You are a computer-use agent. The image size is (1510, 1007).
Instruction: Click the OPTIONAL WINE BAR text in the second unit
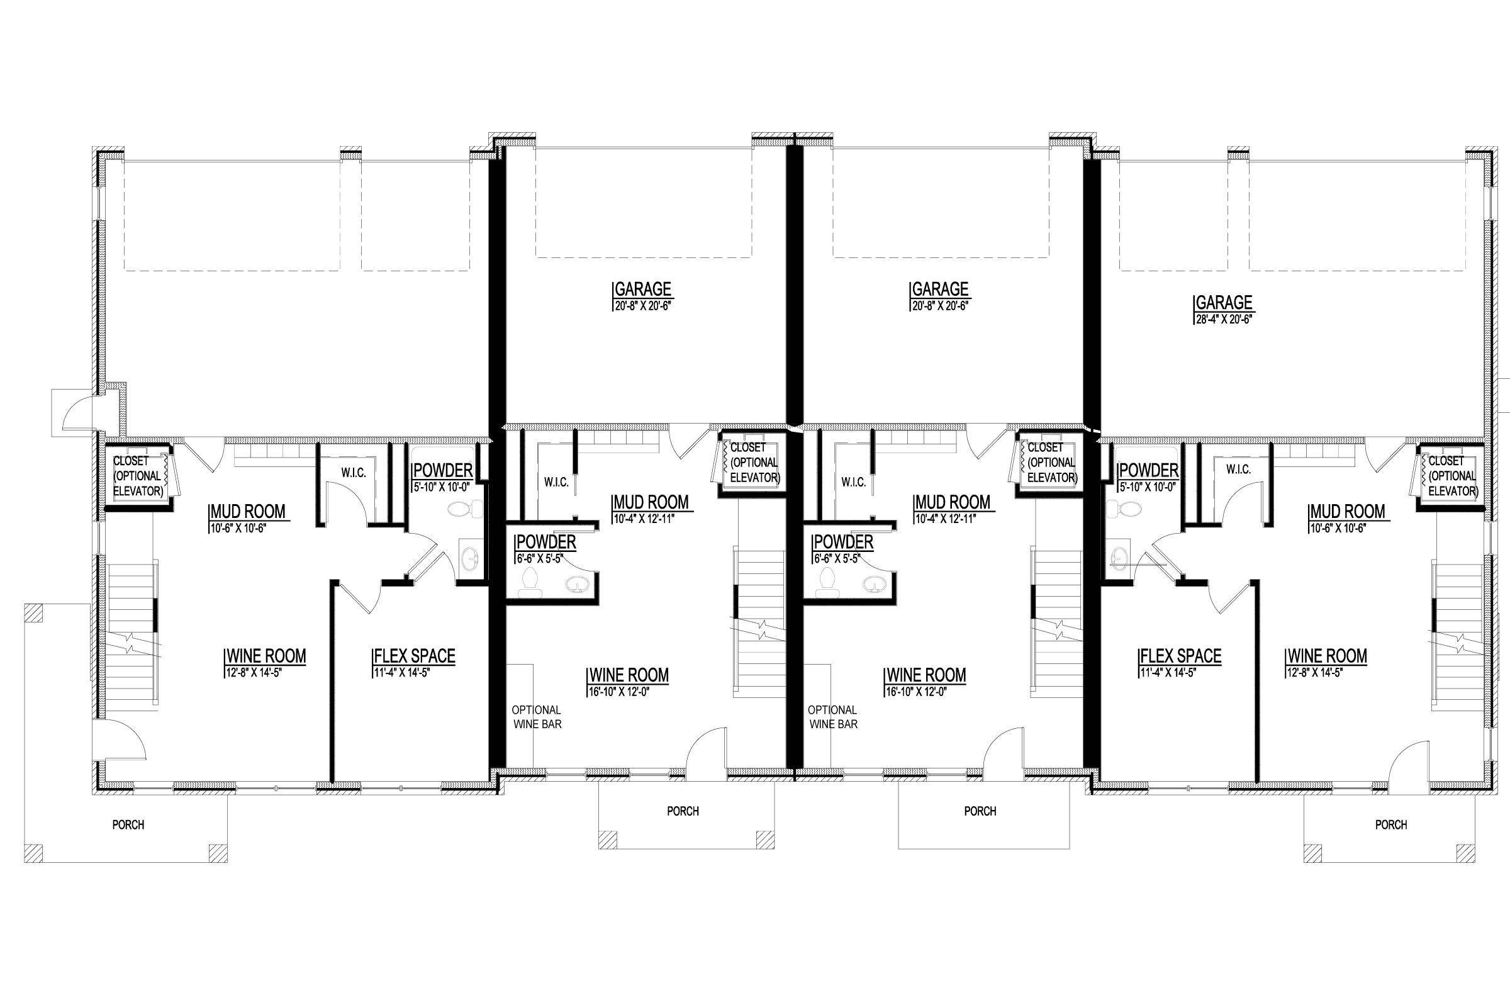click(537, 717)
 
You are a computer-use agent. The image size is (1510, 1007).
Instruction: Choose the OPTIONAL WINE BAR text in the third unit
click(832, 717)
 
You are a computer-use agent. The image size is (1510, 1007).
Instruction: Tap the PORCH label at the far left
click(128, 824)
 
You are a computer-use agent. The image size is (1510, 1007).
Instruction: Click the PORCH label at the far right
click(1390, 824)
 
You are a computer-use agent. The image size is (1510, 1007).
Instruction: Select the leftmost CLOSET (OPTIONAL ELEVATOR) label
click(137, 476)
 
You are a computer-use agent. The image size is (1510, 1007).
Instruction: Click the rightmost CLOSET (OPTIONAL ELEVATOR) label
click(1452, 476)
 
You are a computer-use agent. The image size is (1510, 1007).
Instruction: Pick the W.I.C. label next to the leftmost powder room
click(353, 473)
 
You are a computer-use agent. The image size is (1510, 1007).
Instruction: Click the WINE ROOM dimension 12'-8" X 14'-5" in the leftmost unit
click(254, 673)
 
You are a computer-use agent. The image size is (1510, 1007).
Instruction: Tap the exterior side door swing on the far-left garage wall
click(77, 414)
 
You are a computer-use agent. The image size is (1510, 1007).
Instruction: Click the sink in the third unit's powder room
click(873, 584)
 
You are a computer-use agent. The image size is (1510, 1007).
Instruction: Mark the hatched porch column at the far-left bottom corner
click(33, 853)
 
